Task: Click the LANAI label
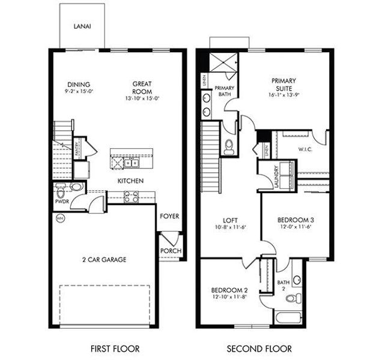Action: coord(82,26)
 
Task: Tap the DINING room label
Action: coord(80,84)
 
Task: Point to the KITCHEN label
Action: coord(129,180)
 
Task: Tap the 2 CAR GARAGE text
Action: coord(104,260)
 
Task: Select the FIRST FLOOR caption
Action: coord(115,348)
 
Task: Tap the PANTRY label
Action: coord(77,149)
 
